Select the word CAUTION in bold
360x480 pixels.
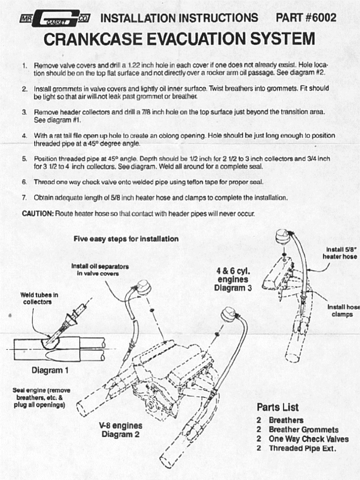coord(38,214)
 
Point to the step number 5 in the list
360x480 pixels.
coord(24,159)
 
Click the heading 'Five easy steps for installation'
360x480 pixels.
coord(126,239)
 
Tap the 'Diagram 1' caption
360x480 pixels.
coord(50,370)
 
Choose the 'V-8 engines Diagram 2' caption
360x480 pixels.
coord(120,430)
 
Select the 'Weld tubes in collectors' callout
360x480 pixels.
coord(39,299)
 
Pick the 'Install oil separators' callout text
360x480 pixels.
coord(100,270)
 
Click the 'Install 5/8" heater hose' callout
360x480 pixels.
coord(340,253)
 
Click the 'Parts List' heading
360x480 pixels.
coord(277,407)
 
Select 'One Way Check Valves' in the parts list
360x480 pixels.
coord(308,439)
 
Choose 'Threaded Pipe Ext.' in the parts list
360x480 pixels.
coord(302,449)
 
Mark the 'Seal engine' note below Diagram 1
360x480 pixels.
coord(39,397)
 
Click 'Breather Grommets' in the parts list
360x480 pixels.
coord(303,430)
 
